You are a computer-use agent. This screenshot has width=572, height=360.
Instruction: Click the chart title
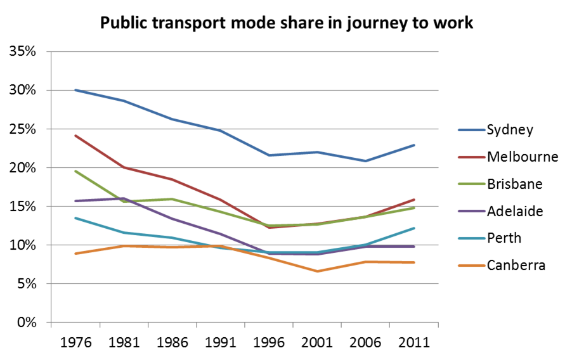pyautogui.click(x=285, y=23)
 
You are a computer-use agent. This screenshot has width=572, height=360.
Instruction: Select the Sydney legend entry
pyautogui.click(x=510, y=131)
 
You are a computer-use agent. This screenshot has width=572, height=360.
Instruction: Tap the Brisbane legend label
pyautogui.click(x=514, y=184)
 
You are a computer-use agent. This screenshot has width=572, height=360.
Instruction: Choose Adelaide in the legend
pyautogui.click(x=515, y=211)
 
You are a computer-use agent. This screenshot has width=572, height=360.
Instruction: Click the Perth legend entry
pyautogui.click(x=504, y=238)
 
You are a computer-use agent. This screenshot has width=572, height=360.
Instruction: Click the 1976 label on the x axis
pyautogui.click(x=75, y=342)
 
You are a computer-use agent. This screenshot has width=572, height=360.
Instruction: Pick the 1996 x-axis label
pyautogui.click(x=269, y=342)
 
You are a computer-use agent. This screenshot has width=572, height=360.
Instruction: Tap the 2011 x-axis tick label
pyautogui.click(x=414, y=342)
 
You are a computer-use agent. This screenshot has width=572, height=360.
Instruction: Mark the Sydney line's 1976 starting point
pyautogui.click(x=75, y=90)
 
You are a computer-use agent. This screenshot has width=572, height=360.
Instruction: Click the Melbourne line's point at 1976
pyautogui.click(x=75, y=136)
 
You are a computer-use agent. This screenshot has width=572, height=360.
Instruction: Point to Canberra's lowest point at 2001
pyautogui.click(x=317, y=271)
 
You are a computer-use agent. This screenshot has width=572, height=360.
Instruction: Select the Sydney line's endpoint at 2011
pyautogui.click(x=414, y=145)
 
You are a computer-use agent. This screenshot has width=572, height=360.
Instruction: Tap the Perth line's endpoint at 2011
pyautogui.click(x=414, y=228)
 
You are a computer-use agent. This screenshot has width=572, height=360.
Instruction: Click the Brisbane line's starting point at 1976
pyautogui.click(x=75, y=171)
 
